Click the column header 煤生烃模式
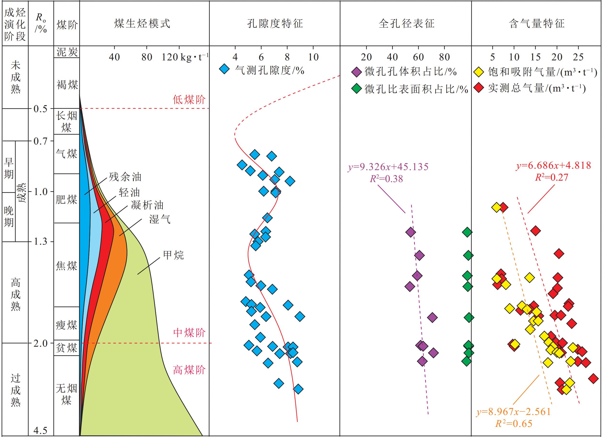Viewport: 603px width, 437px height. click(x=142, y=24)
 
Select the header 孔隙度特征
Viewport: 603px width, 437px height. click(x=275, y=24)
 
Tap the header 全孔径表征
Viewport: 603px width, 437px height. click(x=406, y=24)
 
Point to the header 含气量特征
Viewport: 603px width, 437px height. click(x=537, y=24)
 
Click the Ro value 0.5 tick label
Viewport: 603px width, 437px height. click(x=40, y=109)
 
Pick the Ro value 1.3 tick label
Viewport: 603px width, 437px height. click(x=40, y=241)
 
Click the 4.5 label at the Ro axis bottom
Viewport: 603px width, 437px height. click(x=40, y=430)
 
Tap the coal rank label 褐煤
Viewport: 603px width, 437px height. click(x=67, y=85)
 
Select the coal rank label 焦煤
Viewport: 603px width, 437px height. click(x=67, y=265)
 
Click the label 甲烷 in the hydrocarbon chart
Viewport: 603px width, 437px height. click(x=173, y=255)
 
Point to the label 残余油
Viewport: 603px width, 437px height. click(x=125, y=177)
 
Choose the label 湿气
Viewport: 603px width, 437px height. click(x=159, y=219)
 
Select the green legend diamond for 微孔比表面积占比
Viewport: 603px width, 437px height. click(x=356, y=89)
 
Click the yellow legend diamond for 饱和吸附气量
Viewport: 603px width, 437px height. click(x=479, y=72)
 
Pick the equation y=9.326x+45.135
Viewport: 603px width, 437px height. click(x=388, y=167)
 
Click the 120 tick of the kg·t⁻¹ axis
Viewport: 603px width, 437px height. click(x=170, y=57)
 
